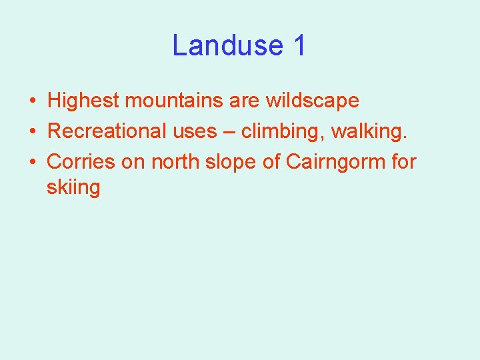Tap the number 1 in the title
[x=299, y=45]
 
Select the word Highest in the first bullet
[x=83, y=101]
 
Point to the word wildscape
[x=312, y=101]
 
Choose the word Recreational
[x=107, y=131]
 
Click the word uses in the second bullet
[x=195, y=131]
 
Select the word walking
[x=371, y=131]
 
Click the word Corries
[x=81, y=161]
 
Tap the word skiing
[x=73, y=187]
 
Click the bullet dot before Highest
[x=32, y=101]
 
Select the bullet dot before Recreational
[x=32, y=132]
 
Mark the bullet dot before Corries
[x=32, y=162]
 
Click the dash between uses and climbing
[x=229, y=132]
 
